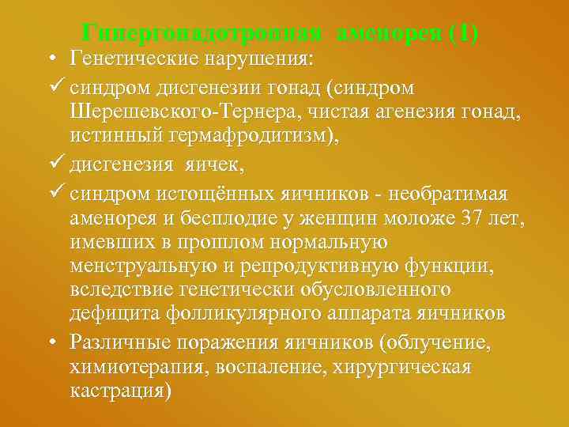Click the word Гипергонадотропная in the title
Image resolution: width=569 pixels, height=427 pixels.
tap(203, 34)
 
